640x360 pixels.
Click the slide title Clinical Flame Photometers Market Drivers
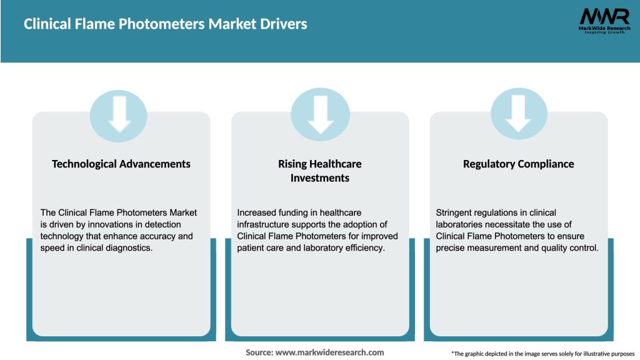point(166,24)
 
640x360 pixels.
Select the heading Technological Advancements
point(121,164)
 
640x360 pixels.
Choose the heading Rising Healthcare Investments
point(320,171)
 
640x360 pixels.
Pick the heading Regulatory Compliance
point(518,164)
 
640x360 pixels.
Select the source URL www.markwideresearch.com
point(329,352)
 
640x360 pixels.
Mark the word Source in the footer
point(259,352)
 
